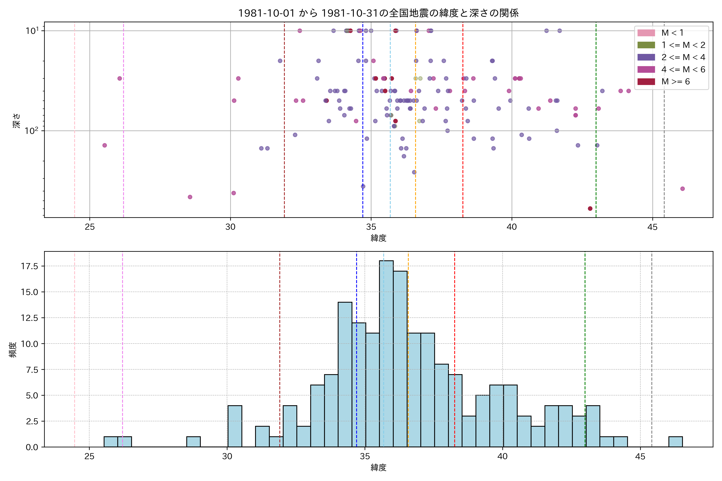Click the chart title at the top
pyautogui.click(x=378, y=13)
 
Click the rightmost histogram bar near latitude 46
pyautogui.click(x=675, y=442)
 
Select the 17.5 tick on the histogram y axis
pyautogui.click(x=29, y=266)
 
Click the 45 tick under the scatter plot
pyautogui.click(x=652, y=227)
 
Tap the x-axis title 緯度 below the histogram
pyautogui.click(x=378, y=468)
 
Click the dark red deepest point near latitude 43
pyautogui.click(x=590, y=209)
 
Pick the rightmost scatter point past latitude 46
pyautogui.click(x=682, y=189)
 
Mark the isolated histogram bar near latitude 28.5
pyautogui.click(x=193, y=442)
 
